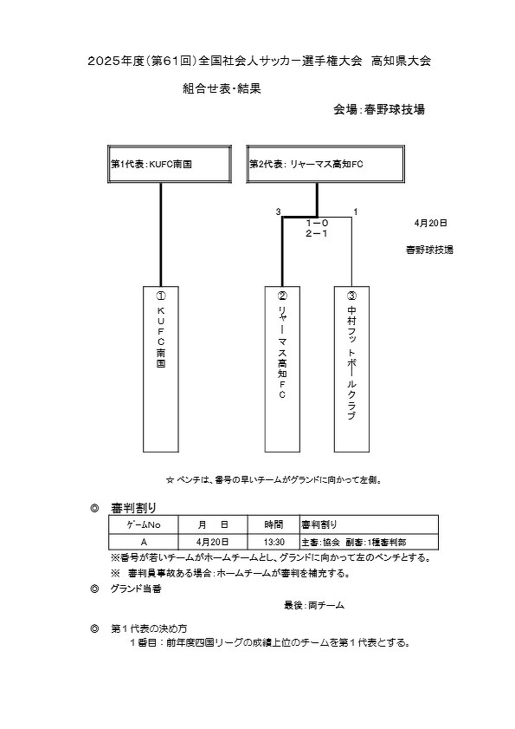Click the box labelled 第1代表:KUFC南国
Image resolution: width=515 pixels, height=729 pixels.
(x=170, y=164)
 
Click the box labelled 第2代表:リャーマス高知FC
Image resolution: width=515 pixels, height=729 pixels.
(x=325, y=164)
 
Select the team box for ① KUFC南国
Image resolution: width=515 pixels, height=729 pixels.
(x=161, y=369)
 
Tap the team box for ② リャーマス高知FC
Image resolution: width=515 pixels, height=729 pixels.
(x=282, y=369)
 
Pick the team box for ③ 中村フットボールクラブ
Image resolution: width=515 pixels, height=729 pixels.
(x=352, y=369)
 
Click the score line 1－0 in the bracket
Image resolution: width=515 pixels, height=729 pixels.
(x=317, y=224)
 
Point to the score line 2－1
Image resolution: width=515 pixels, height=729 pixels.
(x=317, y=234)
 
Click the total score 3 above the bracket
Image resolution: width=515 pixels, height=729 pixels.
(x=278, y=212)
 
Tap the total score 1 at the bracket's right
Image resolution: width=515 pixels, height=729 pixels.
(x=356, y=212)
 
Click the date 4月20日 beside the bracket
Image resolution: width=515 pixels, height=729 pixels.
(x=430, y=223)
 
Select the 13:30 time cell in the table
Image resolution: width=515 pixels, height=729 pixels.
(x=274, y=542)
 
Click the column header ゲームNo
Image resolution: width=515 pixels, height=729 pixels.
(x=144, y=525)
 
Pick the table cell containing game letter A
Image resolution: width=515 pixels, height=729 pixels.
(x=144, y=542)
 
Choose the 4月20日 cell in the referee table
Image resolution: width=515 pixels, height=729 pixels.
(x=213, y=542)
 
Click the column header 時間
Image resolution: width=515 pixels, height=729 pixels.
(x=274, y=525)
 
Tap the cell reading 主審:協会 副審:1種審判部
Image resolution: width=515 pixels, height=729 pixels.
(x=370, y=542)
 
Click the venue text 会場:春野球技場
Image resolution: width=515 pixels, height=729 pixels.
(x=379, y=110)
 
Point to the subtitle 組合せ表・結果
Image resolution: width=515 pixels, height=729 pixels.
(x=222, y=88)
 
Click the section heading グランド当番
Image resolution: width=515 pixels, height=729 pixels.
(x=136, y=589)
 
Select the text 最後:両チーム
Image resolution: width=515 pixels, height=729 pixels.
(x=314, y=605)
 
